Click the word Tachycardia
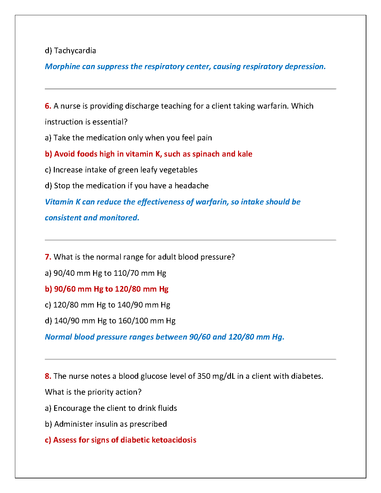pos(75,51)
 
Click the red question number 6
pos(48,106)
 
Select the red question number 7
pos(48,257)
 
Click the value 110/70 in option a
pos(126,273)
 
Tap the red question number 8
pos(48,376)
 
